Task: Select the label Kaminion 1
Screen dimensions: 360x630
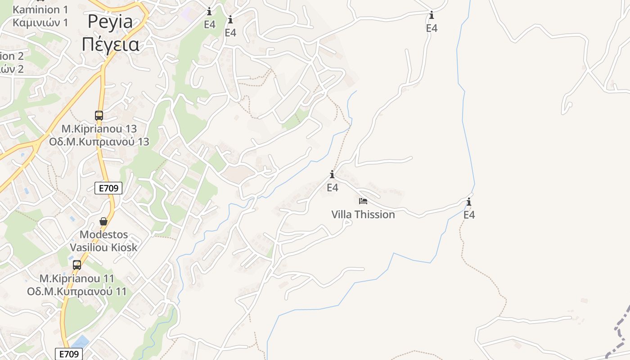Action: [x=36, y=9]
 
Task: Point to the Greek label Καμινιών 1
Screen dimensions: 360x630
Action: [x=40, y=22]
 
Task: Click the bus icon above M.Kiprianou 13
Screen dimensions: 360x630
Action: [x=99, y=116]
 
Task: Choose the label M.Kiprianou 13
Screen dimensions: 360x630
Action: [x=99, y=129]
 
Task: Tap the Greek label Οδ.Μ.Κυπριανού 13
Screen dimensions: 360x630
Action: [x=99, y=141]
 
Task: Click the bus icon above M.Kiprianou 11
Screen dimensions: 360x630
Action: [x=77, y=265]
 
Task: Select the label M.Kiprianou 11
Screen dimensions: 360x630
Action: [x=77, y=279]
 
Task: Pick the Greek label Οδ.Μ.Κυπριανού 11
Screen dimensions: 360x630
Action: [x=77, y=291]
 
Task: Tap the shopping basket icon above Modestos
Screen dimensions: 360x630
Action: [x=103, y=221]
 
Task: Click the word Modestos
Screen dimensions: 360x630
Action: [x=103, y=234]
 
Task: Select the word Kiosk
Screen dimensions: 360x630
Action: [x=126, y=247]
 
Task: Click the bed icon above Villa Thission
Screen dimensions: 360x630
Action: [x=363, y=201]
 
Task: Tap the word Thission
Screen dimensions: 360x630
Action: [x=374, y=215]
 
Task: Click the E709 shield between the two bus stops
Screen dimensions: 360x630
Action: [x=108, y=188]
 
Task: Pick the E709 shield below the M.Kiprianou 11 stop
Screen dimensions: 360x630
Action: [x=69, y=354]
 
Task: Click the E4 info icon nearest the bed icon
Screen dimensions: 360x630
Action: [x=332, y=175]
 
